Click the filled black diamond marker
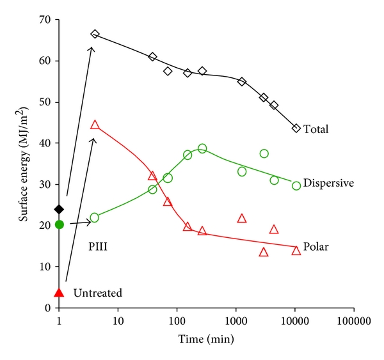60,209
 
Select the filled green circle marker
60,224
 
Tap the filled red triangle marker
60,292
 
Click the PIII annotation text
98,245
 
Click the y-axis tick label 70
45,20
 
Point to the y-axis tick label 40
45,143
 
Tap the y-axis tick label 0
48,308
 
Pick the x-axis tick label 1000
236,319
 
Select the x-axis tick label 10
118,319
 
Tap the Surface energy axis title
24,164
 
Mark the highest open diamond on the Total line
95,34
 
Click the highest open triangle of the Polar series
95,125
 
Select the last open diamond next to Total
296,128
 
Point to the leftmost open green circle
95,217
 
